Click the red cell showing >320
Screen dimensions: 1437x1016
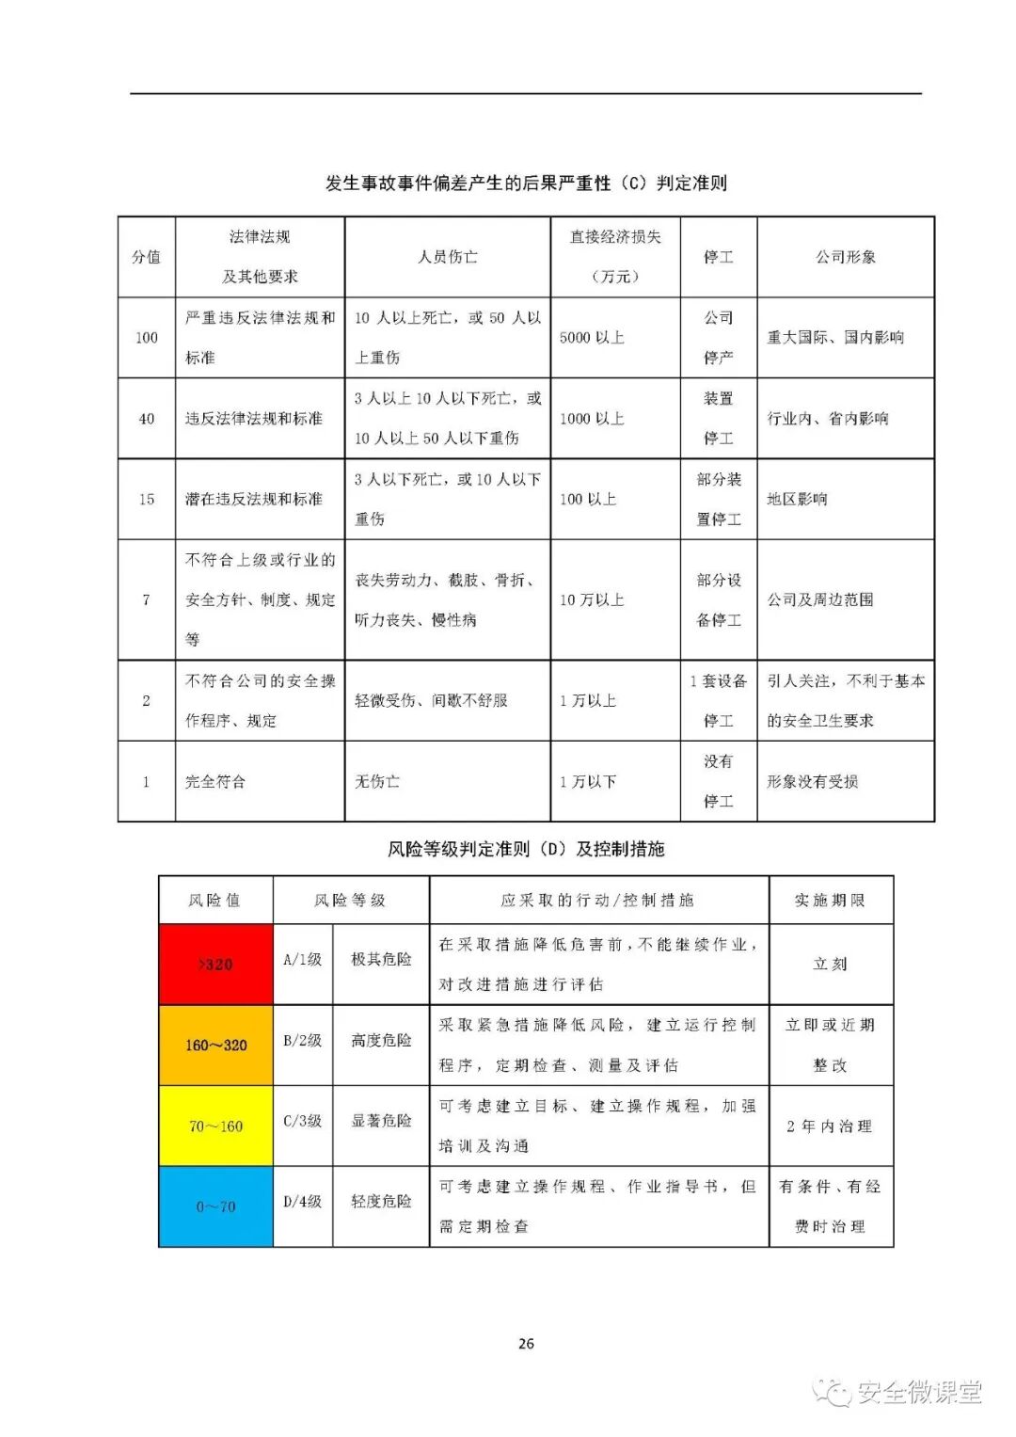pyautogui.click(x=215, y=964)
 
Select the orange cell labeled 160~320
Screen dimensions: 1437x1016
pyautogui.click(x=215, y=1045)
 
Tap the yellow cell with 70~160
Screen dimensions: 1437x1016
pyautogui.click(x=215, y=1126)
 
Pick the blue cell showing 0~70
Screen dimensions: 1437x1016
pyautogui.click(x=215, y=1206)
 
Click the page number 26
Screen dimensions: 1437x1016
pyautogui.click(x=526, y=1343)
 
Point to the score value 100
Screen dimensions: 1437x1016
pyautogui.click(x=147, y=338)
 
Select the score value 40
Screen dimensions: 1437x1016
pyautogui.click(x=147, y=419)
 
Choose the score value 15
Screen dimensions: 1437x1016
pyautogui.click(x=147, y=500)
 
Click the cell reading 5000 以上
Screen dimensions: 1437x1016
pyautogui.click(x=592, y=338)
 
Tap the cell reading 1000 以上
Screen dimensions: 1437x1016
pyautogui.click(x=592, y=419)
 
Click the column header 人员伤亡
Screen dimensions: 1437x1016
pyautogui.click(x=448, y=257)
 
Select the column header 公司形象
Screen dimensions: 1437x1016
pyautogui.click(x=846, y=257)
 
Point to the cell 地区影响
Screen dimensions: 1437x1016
pyautogui.click(x=797, y=500)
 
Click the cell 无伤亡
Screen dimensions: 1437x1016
pyautogui.click(x=377, y=782)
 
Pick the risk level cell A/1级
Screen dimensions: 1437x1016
pyautogui.click(x=302, y=960)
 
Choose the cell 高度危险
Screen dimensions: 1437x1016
pyautogui.click(x=381, y=1041)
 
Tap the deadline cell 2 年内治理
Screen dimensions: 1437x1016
pyautogui.click(x=830, y=1126)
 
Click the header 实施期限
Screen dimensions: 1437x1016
pyautogui.click(x=830, y=901)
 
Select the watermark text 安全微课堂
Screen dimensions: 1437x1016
pyautogui.click(x=918, y=1392)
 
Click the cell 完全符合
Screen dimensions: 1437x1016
pyautogui.click(x=215, y=782)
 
